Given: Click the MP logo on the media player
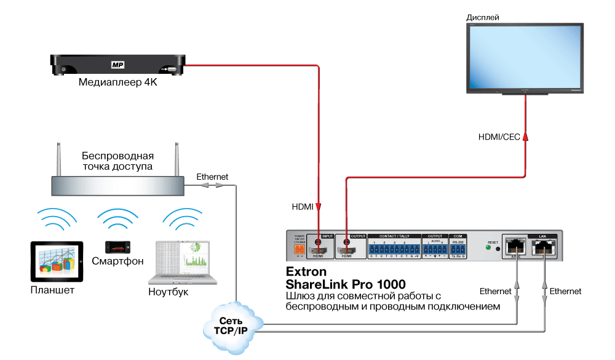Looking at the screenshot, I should (117, 64).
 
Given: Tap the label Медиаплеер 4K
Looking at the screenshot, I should (117, 82).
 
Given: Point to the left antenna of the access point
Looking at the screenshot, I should (60, 159).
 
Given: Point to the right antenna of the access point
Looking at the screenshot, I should (176, 159).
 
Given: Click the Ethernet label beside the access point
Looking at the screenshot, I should (212, 177).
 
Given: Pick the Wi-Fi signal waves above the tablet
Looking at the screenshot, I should (56, 217).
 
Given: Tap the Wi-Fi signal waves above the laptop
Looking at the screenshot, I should (182, 217).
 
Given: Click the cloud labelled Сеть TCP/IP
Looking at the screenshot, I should (234, 326).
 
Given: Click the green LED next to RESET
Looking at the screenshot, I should (488, 249).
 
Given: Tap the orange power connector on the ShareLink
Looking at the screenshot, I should (300, 250).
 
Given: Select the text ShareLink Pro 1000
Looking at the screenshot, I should (346, 284).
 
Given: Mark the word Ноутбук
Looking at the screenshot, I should (168, 292).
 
